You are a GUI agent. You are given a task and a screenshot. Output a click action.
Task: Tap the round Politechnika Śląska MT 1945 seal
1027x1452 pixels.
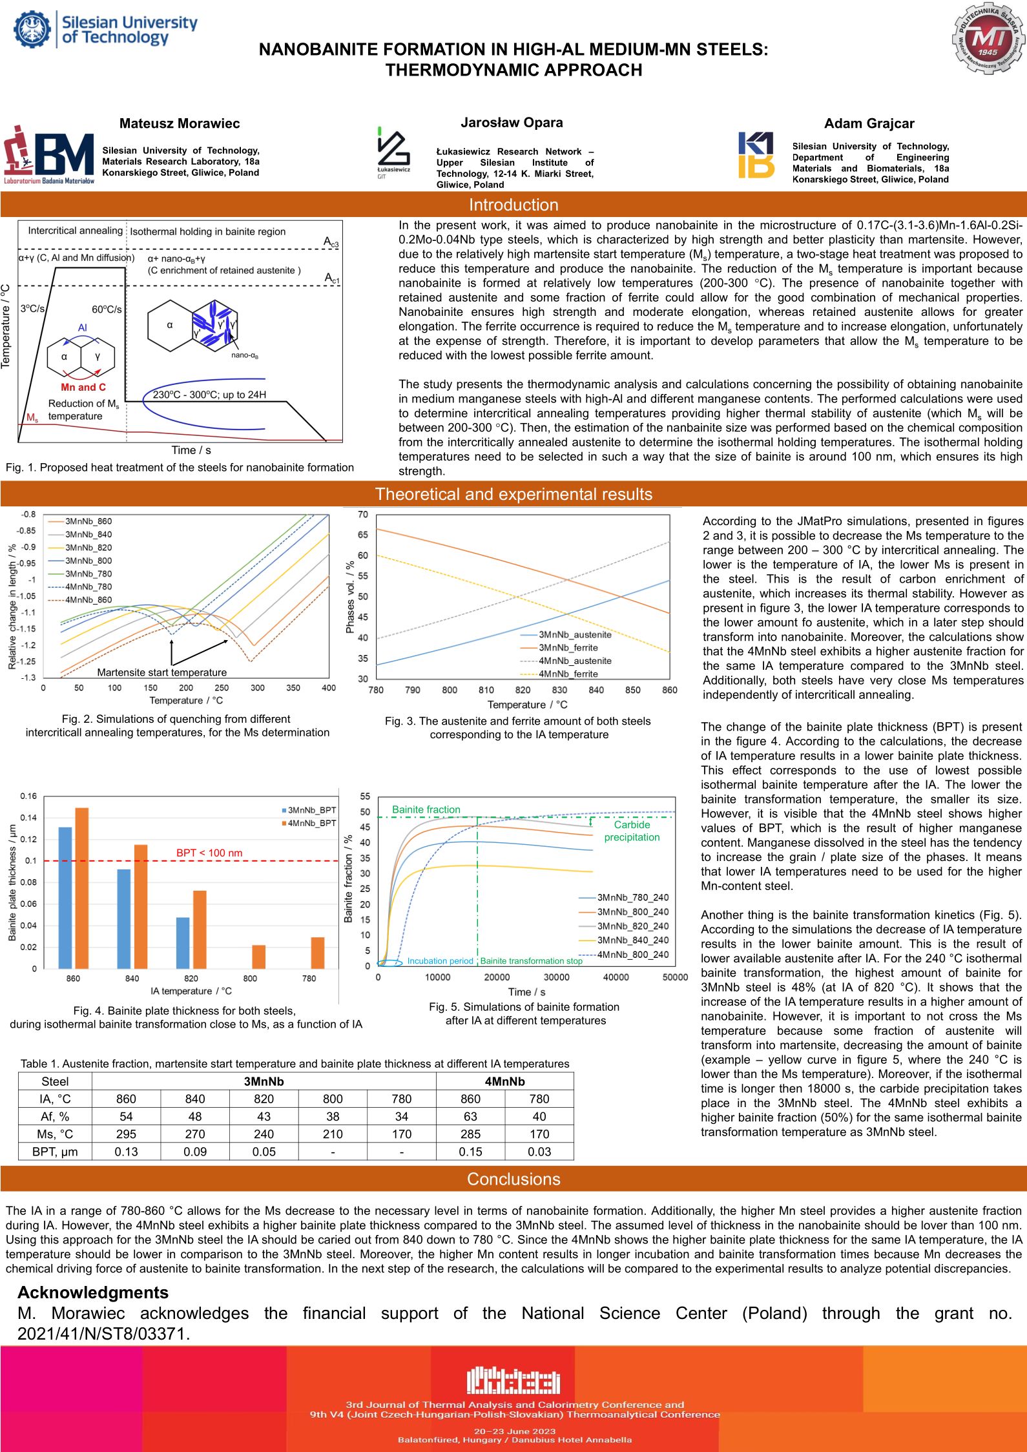pyautogui.click(x=988, y=41)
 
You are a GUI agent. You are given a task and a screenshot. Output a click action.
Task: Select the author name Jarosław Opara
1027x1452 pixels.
pyautogui.click(x=512, y=122)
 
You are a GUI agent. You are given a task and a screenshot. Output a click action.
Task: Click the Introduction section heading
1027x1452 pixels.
pyautogui.click(x=513, y=205)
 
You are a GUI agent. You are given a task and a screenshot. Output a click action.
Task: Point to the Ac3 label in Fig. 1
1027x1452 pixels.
pyautogui.click(x=331, y=242)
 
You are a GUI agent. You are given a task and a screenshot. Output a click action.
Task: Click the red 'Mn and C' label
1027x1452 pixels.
pyautogui.click(x=83, y=387)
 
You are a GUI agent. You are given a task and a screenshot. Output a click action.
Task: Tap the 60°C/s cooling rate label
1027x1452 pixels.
pyautogui.click(x=107, y=309)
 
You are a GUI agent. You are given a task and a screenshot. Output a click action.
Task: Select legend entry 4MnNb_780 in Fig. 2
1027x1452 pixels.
pyautogui.click(x=88, y=586)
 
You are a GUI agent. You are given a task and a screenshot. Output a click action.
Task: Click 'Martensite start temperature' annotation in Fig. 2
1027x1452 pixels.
pyautogui.click(x=161, y=672)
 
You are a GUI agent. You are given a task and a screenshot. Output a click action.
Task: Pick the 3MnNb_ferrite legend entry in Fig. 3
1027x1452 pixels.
pyautogui.click(x=568, y=648)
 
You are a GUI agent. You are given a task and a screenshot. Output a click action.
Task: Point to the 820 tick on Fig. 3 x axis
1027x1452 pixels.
pyautogui.click(x=523, y=690)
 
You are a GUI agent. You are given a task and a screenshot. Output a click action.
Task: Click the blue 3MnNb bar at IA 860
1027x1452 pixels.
pyautogui.click(x=65, y=897)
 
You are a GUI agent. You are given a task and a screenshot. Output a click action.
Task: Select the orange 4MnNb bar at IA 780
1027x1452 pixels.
pyautogui.click(x=317, y=952)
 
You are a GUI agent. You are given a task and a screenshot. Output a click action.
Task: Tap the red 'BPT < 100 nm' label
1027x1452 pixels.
pyautogui.click(x=209, y=853)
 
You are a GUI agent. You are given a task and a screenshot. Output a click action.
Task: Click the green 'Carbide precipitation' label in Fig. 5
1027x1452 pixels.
pyautogui.click(x=632, y=831)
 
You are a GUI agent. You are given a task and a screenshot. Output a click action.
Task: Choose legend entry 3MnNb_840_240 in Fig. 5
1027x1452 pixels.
pyautogui.click(x=632, y=940)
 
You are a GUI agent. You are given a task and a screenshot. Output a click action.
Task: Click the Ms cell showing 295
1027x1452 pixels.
pyautogui.click(x=126, y=1134)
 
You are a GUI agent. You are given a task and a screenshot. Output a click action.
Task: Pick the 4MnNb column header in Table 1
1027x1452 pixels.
pyautogui.click(x=504, y=1081)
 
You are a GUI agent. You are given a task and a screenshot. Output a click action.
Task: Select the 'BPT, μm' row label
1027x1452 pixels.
pyautogui.click(x=55, y=1152)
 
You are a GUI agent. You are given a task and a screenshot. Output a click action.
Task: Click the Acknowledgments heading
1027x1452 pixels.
pyautogui.click(x=93, y=1292)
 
